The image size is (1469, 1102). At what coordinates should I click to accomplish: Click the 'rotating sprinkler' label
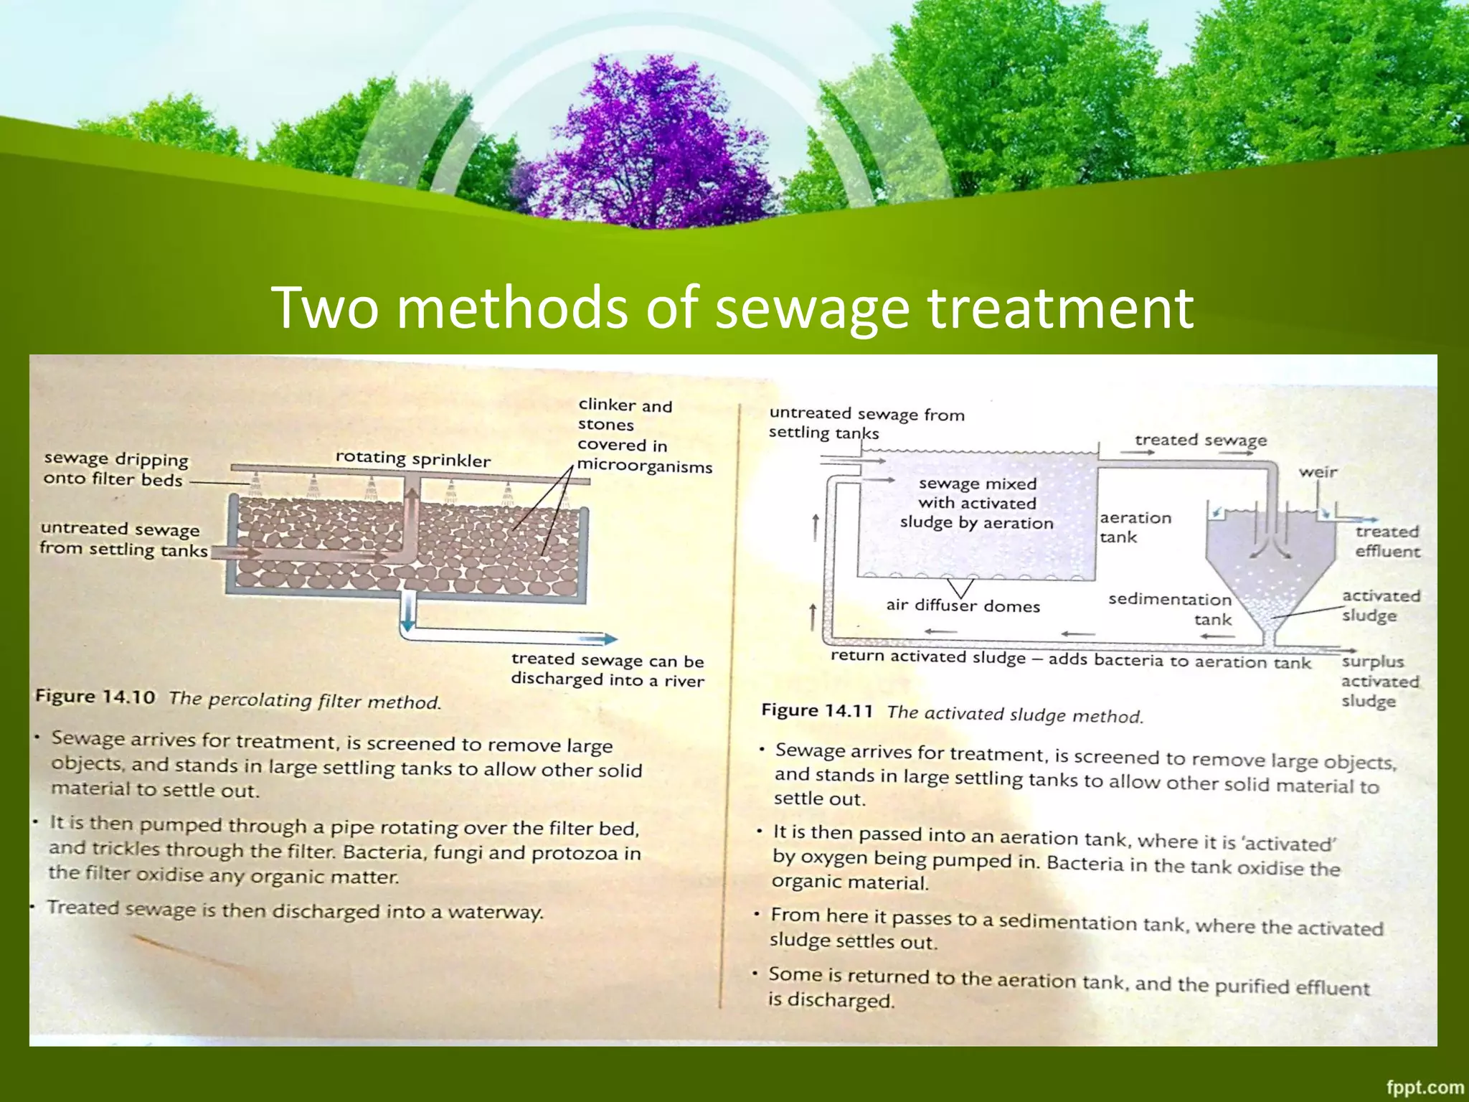[412, 458]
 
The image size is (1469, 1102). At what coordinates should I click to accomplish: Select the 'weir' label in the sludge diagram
[1318, 472]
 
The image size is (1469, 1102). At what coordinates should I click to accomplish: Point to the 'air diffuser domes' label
[963, 606]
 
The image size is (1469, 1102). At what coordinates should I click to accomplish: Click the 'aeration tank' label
[1135, 527]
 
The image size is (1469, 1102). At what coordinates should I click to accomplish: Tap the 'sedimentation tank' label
[1171, 609]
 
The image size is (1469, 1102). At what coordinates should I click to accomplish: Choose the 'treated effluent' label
[1387, 541]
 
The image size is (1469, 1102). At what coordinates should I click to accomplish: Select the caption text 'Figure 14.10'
[95, 697]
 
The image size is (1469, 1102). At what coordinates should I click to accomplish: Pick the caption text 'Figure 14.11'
[816, 711]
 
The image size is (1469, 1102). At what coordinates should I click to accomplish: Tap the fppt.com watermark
[1424, 1088]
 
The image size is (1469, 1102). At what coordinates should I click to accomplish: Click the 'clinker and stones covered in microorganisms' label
[643, 435]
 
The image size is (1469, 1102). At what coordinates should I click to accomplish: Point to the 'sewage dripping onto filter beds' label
[115, 468]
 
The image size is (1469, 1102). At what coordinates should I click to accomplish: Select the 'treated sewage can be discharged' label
[607, 669]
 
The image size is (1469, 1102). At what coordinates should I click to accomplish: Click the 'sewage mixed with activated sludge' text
[977, 503]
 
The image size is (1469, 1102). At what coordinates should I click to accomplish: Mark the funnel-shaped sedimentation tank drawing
[1270, 574]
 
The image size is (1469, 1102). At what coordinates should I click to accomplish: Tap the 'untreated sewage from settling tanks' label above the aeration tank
[866, 423]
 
